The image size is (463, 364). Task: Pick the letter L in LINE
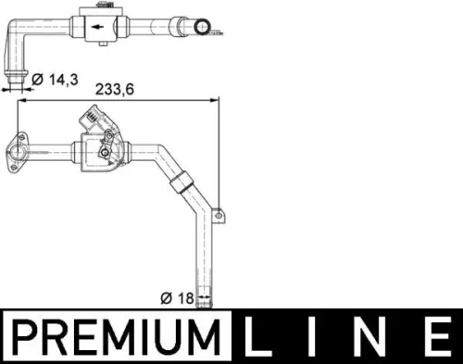coord(259,335)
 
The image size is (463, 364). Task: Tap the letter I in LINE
coord(313,335)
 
